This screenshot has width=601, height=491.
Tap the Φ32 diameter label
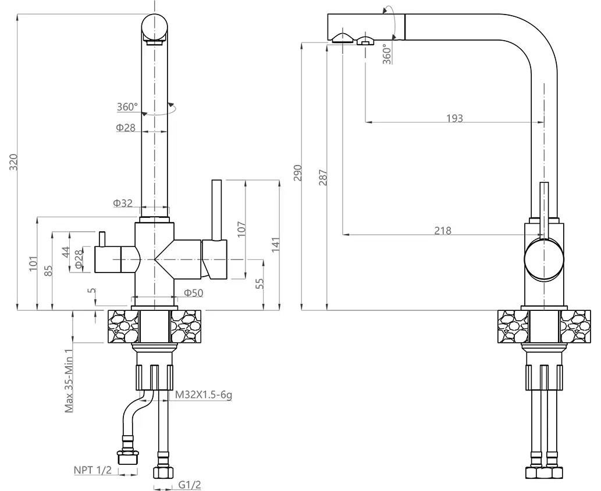123,203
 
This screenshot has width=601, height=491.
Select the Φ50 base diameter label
193,293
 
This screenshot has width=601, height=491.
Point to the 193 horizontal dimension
454,118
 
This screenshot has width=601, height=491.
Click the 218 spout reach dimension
443,231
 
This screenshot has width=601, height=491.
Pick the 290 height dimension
297,173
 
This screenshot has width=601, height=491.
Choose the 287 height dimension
323,177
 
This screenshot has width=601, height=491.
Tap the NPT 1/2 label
92,470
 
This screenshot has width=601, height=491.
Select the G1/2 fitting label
185,484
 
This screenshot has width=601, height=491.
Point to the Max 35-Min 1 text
69,381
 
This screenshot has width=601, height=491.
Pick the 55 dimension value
260,283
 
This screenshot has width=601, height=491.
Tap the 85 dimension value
48,271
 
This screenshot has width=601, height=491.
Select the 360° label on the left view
127,107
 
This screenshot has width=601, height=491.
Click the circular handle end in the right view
544,260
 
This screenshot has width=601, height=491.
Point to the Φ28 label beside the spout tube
125,127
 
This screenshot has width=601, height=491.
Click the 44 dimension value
66,252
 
